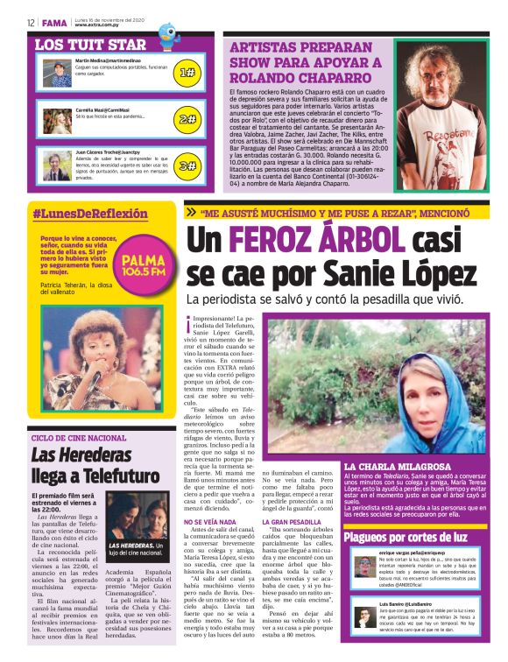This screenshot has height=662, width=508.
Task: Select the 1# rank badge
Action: pyautogui.click(x=187, y=74)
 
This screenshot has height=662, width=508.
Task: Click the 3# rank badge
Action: pyautogui.click(x=187, y=165)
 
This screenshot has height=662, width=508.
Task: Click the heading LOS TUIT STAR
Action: pyautogui.click(x=90, y=44)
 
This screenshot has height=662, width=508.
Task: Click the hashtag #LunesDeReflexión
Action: pyautogui.click(x=90, y=214)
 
